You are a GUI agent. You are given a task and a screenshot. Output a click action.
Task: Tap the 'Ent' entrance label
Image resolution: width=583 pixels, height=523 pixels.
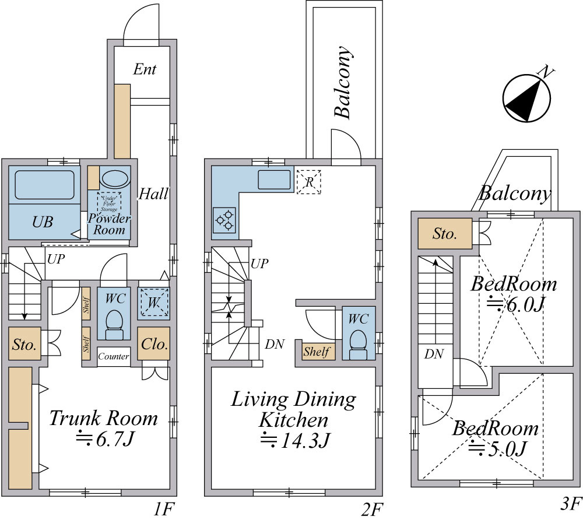click(145, 69)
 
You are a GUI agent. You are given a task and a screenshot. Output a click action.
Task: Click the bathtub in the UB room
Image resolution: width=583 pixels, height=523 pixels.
click(44, 184)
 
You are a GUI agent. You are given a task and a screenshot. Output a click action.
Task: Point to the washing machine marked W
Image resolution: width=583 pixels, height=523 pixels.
click(154, 303)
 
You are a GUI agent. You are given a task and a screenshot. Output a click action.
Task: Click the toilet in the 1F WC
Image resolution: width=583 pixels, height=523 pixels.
click(114, 324)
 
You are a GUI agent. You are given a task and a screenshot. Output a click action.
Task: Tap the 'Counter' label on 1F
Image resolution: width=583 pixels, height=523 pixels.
click(114, 356)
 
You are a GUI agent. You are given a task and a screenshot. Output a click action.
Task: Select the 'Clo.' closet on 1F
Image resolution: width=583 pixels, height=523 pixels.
click(154, 344)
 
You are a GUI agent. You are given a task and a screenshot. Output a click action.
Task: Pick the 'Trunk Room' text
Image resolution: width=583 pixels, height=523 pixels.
click(103, 418)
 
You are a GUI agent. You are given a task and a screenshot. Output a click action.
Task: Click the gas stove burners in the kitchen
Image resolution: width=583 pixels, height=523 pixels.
click(224, 220)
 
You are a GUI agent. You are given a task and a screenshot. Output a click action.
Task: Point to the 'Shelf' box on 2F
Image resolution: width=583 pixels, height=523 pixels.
click(317, 352)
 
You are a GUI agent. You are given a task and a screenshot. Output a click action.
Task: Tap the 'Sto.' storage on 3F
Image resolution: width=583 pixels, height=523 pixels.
click(445, 234)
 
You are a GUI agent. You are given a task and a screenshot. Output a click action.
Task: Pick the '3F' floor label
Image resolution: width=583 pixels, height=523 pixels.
click(570, 503)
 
